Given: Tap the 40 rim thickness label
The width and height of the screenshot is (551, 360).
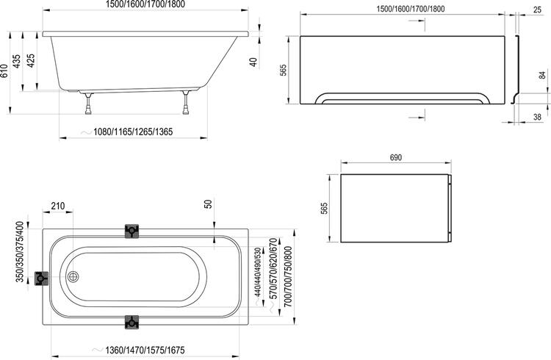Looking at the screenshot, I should (254, 62).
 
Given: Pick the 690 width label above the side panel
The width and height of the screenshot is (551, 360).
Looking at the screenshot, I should (395, 158).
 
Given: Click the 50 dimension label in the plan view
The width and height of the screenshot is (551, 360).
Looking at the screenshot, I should (209, 204).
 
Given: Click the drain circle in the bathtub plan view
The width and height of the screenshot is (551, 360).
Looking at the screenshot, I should (73, 277).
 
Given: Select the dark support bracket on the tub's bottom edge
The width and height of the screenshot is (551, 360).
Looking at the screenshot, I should (132, 322).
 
